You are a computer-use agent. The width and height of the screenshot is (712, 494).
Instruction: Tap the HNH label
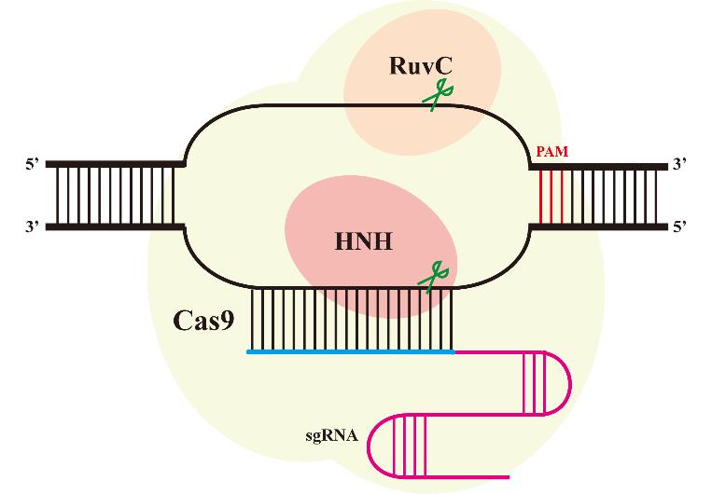363,242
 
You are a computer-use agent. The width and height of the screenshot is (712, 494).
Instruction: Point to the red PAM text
552,151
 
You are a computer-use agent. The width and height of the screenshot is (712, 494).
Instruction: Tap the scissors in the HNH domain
434,276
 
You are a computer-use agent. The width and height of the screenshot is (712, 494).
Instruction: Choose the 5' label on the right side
680,226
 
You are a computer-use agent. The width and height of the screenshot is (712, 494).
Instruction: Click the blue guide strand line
350,352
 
